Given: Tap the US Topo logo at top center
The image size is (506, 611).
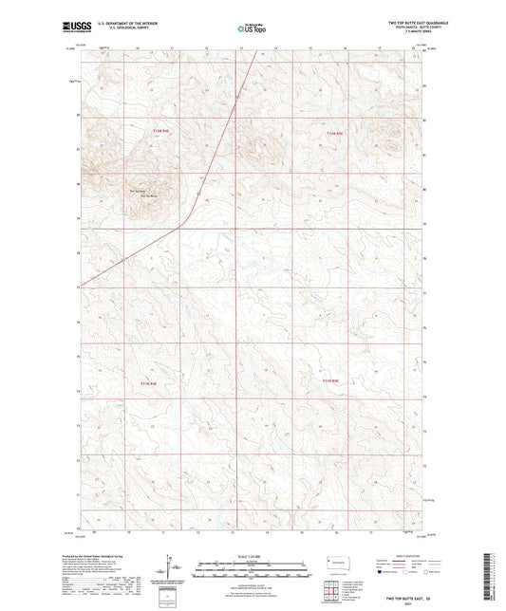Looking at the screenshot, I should pyautogui.click(x=248, y=29).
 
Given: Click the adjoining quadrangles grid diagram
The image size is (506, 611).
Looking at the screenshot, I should pyautogui.click(x=331, y=586).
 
